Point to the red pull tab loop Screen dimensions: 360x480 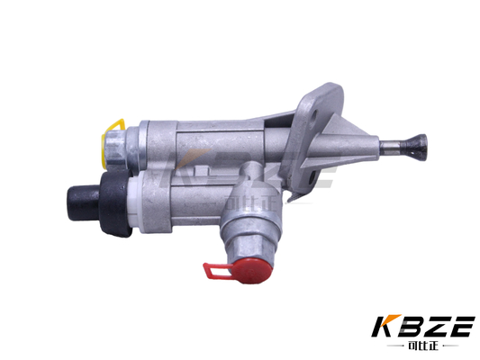click(x=214, y=269)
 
